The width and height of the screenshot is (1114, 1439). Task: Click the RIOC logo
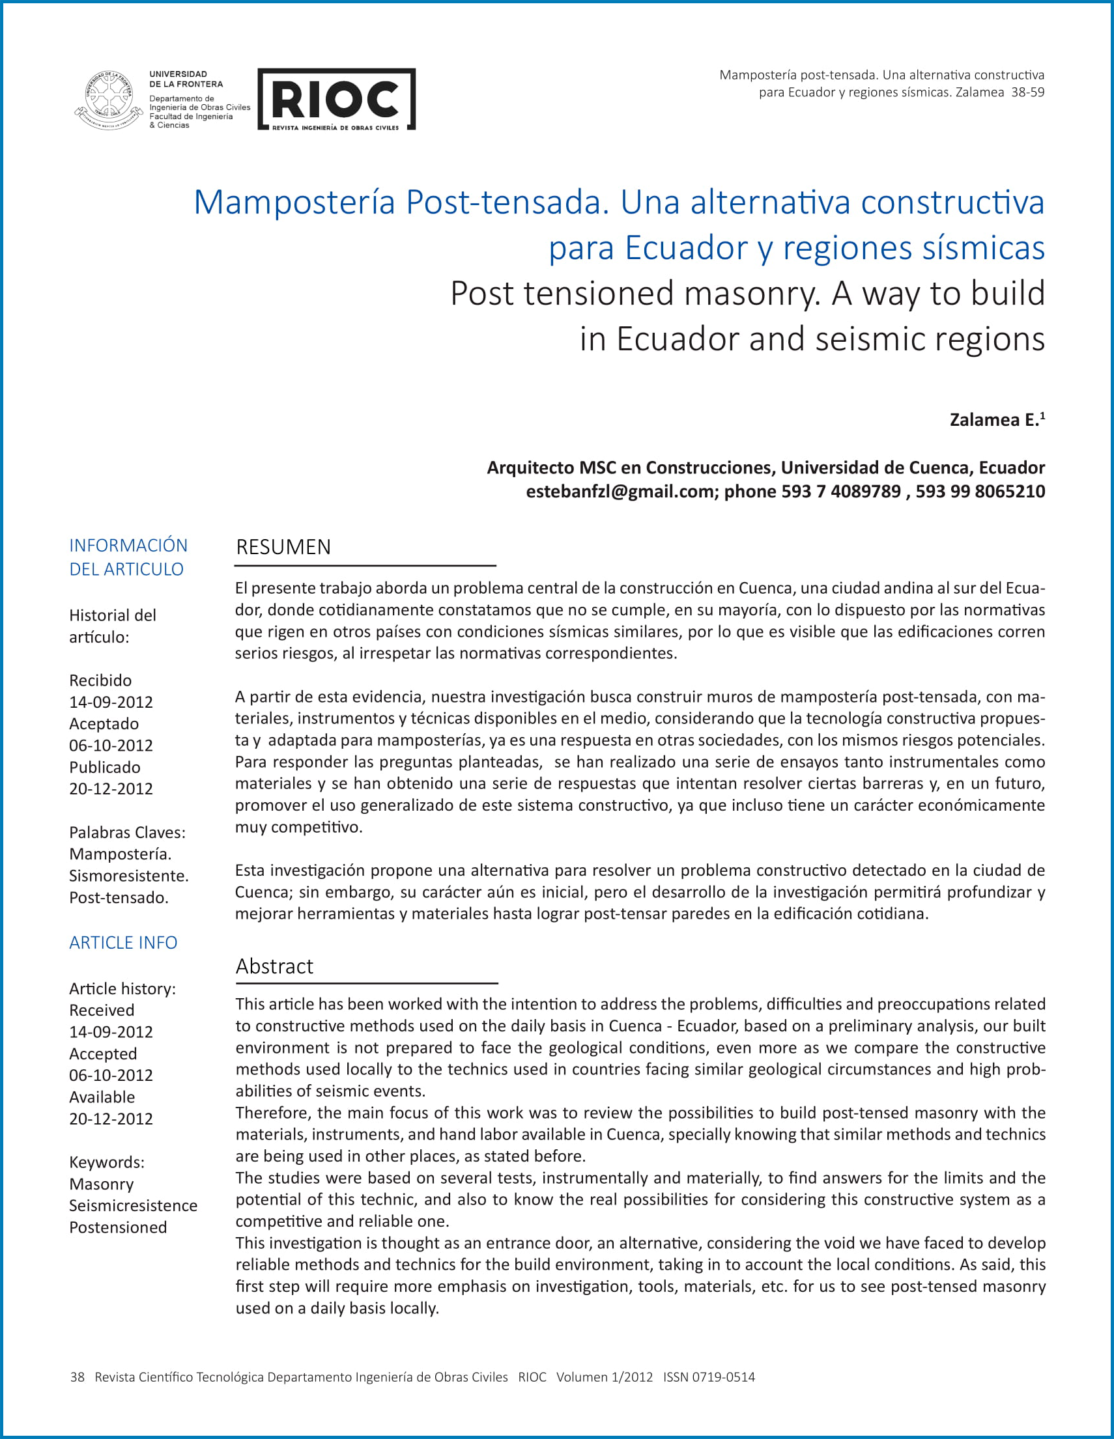(x=336, y=100)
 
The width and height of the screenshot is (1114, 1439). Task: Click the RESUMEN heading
(x=283, y=547)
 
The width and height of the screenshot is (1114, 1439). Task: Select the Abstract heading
(x=274, y=966)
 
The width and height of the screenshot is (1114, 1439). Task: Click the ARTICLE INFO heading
(x=123, y=943)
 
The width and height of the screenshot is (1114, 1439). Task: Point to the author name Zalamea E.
(x=993, y=420)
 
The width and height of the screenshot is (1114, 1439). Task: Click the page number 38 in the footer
(x=77, y=1377)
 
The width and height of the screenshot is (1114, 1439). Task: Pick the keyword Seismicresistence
(x=133, y=1205)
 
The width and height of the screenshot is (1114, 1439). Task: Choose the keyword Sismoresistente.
(x=128, y=876)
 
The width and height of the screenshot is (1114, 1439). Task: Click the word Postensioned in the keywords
(x=118, y=1227)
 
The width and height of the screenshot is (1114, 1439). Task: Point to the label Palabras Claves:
(x=127, y=832)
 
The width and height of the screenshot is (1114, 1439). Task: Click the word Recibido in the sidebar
(x=100, y=680)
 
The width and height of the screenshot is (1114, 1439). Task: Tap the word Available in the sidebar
(x=102, y=1097)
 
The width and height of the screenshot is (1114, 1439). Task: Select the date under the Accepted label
(x=111, y=1075)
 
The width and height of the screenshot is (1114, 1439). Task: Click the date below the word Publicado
(x=111, y=789)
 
